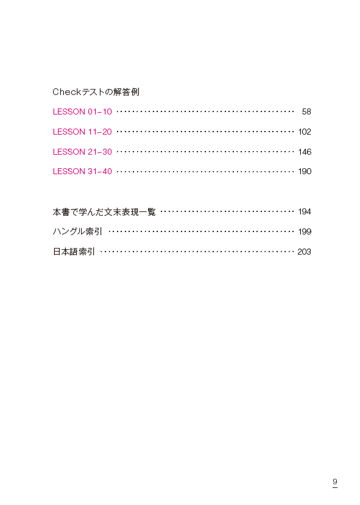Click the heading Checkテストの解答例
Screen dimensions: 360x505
point(96,92)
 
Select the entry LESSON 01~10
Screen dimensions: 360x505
point(82,111)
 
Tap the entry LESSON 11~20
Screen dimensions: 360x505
point(82,132)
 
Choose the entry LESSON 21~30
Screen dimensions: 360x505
point(82,152)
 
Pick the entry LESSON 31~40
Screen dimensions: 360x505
point(82,171)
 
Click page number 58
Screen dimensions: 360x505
point(306,111)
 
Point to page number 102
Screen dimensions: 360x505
point(305,132)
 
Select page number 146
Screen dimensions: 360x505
point(305,152)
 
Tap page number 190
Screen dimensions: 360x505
point(305,171)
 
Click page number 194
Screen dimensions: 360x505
point(305,211)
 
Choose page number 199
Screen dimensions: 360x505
point(305,231)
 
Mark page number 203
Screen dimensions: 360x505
point(305,252)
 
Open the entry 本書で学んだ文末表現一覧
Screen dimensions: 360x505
point(104,212)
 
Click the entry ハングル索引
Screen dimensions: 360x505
point(77,231)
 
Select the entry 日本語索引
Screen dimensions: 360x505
point(74,252)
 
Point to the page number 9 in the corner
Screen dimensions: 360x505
point(335,482)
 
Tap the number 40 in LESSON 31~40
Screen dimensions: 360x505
point(107,171)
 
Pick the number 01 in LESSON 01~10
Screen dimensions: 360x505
point(92,111)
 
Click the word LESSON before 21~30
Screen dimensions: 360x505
point(69,152)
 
